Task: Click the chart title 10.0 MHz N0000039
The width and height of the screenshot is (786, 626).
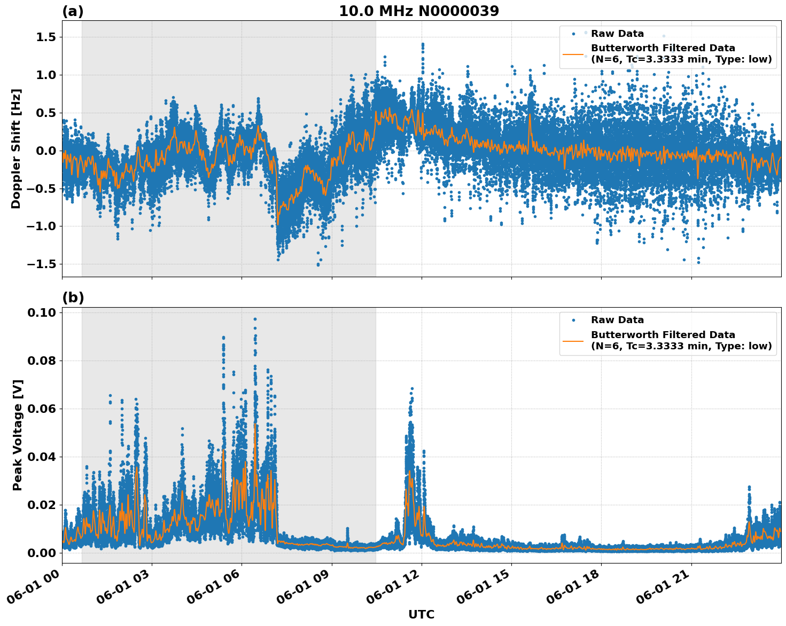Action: pos(418,11)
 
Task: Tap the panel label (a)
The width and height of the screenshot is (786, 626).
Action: pos(73,11)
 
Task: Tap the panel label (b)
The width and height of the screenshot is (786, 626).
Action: pos(73,298)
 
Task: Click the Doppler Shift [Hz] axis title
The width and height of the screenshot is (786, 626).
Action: pos(16,148)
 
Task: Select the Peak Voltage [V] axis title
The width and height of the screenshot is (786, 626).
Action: pos(18,435)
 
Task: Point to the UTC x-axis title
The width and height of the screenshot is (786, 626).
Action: pos(421,614)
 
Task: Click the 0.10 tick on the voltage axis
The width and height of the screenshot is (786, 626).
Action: pos(42,312)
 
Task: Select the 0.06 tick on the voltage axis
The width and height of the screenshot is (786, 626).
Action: pos(42,409)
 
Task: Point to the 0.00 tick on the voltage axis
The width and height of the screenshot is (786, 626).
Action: pos(42,553)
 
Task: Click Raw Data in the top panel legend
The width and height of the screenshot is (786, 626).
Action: pos(617,34)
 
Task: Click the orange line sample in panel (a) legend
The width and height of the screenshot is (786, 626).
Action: pos(573,54)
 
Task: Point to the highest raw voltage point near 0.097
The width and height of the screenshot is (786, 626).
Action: pos(255,319)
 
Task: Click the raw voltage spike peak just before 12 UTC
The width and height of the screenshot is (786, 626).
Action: pos(412,389)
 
